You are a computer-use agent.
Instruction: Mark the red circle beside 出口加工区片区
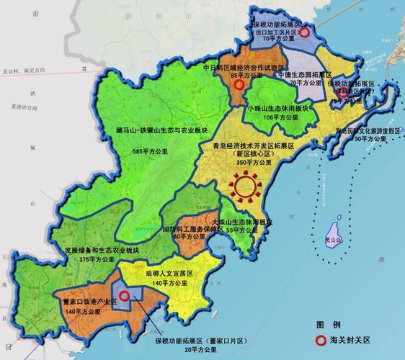coord(305,32)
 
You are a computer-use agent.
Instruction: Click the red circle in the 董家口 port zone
coord(125,295)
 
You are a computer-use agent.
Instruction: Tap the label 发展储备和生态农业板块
coord(102,250)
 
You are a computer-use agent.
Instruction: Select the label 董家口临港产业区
coord(86,302)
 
